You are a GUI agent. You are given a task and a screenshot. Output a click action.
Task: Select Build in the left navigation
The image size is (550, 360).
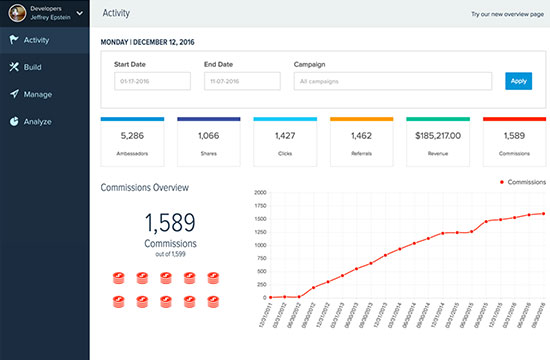32,67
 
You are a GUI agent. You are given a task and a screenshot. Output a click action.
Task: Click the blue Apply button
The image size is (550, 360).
518,81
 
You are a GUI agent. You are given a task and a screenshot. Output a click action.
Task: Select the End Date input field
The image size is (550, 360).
240,81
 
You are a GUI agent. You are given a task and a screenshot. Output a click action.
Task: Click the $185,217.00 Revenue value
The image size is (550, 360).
439,135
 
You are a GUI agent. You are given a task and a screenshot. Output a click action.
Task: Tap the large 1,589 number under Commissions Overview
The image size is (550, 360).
169,222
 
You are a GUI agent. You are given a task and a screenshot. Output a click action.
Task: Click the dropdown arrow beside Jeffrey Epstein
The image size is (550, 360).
79,14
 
